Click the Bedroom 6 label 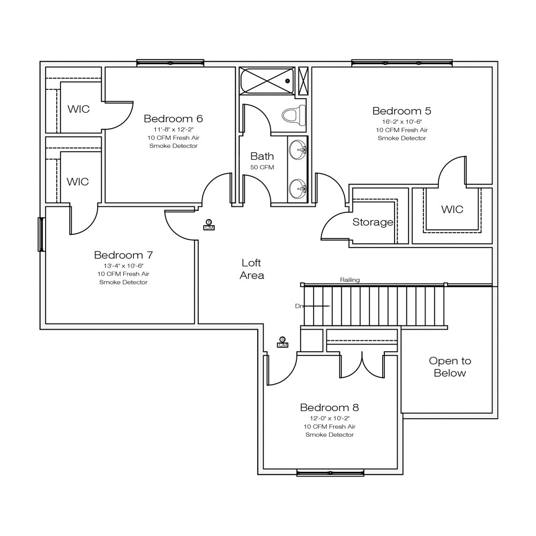173,118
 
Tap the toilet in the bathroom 294,115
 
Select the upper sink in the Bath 297,150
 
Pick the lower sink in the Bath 297,189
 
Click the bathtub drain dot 287,81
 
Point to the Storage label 373,222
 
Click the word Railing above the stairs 349,280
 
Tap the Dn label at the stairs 299,306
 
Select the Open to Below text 450,367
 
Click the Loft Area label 251,269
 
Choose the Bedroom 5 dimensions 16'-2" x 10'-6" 402,122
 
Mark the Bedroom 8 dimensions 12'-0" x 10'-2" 330,419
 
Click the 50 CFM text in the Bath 262,167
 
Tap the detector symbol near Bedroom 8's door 282,342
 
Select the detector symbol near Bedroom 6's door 209,225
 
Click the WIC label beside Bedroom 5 452,209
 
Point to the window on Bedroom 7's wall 41,235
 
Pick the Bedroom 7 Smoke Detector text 123,282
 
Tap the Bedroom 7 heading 123,255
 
